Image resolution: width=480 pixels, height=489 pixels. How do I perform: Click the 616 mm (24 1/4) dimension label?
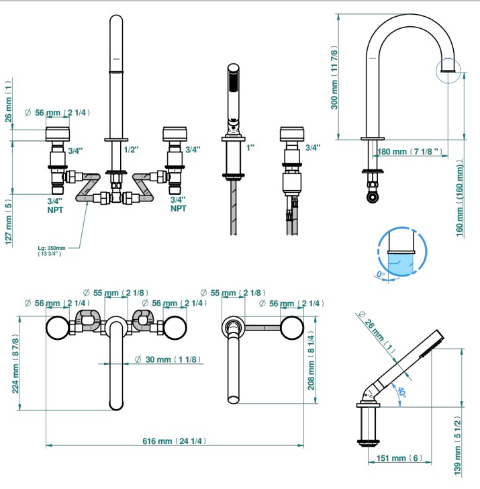[175, 441]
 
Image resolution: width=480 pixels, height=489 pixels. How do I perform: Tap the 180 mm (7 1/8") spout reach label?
[410, 152]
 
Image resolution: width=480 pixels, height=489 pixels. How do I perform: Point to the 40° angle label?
[401, 393]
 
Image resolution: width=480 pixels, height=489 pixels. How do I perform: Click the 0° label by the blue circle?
[381, 275]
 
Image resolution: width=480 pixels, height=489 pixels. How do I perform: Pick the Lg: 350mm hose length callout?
[52, 251]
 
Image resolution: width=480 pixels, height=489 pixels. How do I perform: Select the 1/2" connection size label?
[131, 150]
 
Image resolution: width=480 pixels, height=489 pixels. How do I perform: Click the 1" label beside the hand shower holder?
[250, 148]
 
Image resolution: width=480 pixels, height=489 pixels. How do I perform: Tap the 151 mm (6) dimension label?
[399, 458]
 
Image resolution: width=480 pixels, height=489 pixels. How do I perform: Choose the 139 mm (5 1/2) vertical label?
[457, 446]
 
